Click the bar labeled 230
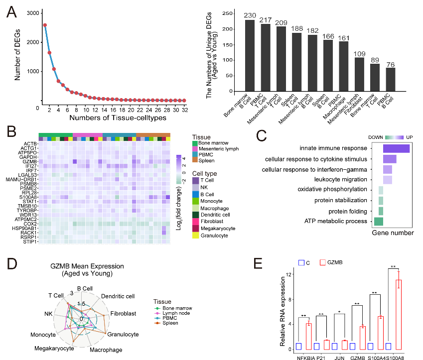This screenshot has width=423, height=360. tap(250, 55)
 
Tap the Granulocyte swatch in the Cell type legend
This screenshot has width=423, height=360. tap(195, 235)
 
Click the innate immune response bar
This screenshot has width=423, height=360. tap(396, 148)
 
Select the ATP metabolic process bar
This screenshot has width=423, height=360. tap(379, 221)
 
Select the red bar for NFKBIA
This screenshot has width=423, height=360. tap(309, 336)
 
